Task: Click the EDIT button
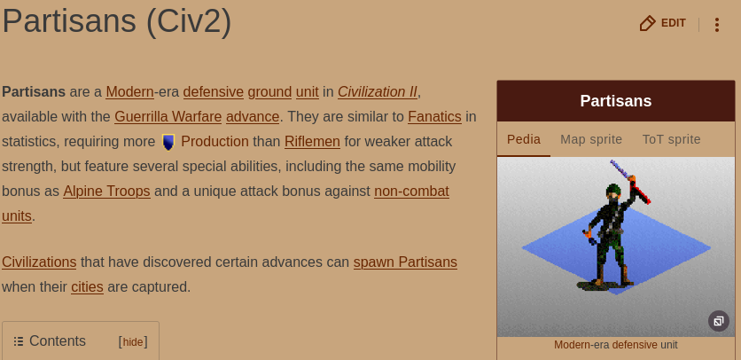click(x=662, y=23)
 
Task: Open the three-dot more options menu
click(x=717, y=25)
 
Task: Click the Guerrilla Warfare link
click(x=168, y=116)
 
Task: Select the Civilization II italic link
click(x=377, y=92)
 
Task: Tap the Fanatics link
click(x=434, y=116)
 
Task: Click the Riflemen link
click(x=312, y=142)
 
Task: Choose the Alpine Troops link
click(x=106, y=192)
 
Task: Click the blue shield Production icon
click(x=168, y=142)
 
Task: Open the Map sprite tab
click(x=591, y=139)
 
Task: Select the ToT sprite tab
click(x=671, y=139)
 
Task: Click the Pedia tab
click(x=524, y=139)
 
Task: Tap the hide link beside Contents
click(x=133, y=342)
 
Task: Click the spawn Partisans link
click(x=405, y=262)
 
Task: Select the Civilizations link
click(x=39, y=262)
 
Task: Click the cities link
click(x=87, y=287)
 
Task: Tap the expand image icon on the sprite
click(x=718, y=321)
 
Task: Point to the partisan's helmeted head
click(x=613, y=193)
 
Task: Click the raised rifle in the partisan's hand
click(x=631, y=182)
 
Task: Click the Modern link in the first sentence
click(x=129, y=92)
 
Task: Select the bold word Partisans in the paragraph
click(x=34, y=92)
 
